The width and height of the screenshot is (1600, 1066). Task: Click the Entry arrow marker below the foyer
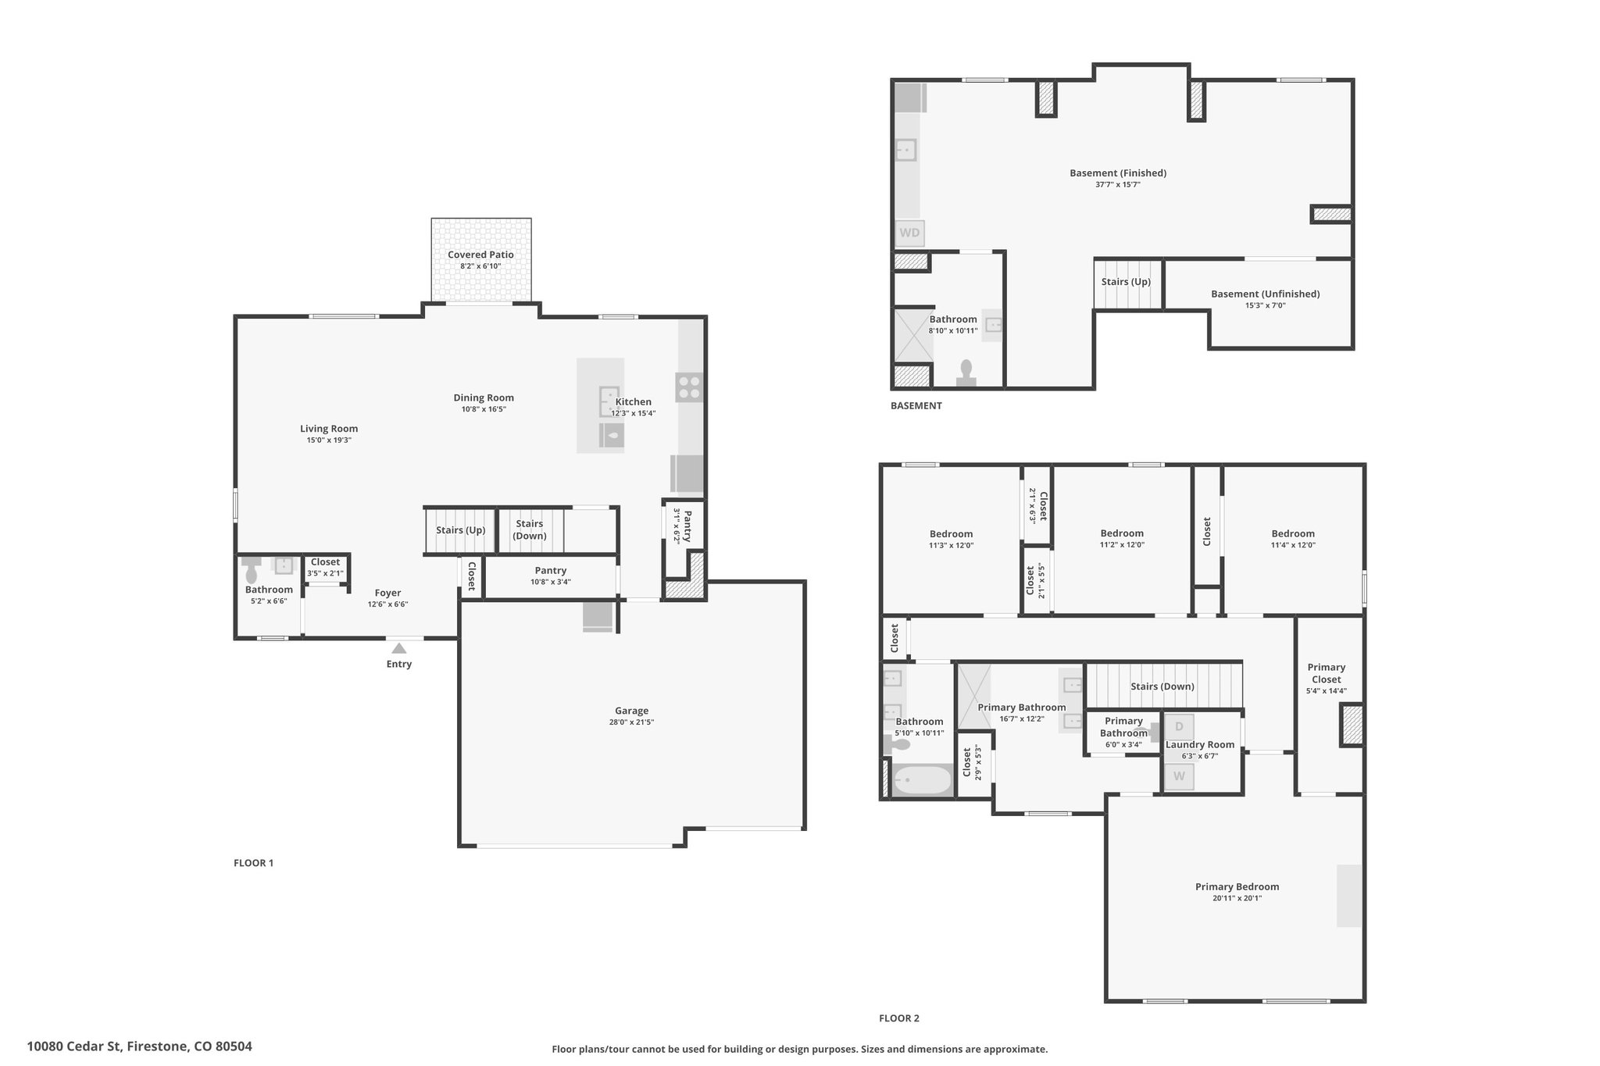399,647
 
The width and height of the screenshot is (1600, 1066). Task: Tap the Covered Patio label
480,255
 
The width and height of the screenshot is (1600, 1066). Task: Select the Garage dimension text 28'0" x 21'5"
631,722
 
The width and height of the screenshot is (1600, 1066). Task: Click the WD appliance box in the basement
909,233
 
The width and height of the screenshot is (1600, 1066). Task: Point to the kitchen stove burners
690,387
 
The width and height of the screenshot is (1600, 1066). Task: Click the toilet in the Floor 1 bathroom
251,572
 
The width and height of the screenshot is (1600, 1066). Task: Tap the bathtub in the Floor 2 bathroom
923,779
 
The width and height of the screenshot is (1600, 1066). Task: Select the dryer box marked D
1179,726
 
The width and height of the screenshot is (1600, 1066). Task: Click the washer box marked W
1179,776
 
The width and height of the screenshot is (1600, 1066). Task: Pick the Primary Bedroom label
1237,886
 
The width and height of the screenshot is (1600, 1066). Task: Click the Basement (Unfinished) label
1265,294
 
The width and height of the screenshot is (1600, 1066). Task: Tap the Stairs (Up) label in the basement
1126,282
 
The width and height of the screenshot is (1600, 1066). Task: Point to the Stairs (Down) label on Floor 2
1162,686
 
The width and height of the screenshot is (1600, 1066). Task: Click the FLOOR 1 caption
253,863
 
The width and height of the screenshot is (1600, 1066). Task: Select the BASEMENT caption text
916,405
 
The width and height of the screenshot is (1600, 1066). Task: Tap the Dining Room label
484,398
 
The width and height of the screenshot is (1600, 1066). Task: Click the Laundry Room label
1200,744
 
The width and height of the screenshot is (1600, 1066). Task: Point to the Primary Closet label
1327,673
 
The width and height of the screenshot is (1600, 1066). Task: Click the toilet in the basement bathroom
966,373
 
